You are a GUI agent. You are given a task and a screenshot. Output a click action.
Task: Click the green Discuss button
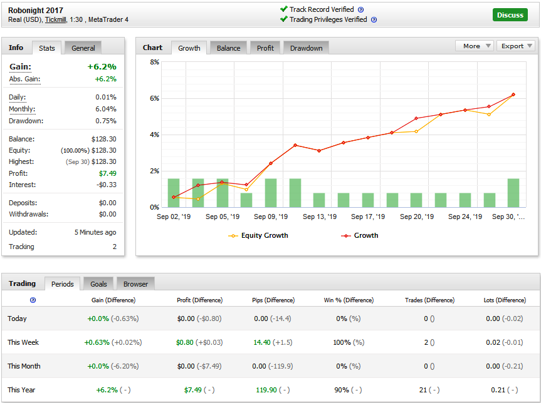pos(510,15)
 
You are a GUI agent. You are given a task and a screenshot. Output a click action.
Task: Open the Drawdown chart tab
pos(306,48)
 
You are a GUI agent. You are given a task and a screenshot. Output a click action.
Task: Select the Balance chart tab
pos(228,48)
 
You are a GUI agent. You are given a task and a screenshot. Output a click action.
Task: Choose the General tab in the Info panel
pos(83,48)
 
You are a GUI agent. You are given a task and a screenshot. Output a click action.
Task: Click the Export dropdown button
pos(516,46)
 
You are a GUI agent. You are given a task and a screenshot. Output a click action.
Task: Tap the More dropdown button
pos(475,46)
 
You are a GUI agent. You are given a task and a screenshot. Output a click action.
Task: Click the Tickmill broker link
pos(56,19)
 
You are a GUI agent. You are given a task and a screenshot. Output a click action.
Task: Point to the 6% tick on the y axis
pos(154,98)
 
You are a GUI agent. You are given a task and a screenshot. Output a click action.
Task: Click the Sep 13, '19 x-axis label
pos(320,217)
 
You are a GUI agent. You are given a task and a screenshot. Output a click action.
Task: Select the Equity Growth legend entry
pos(258,235)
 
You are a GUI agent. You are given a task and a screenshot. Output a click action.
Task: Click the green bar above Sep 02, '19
pos(174,193)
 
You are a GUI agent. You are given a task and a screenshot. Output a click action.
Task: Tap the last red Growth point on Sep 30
pos(513,94)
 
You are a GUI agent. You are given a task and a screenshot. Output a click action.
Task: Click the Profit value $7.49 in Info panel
pos(108,173)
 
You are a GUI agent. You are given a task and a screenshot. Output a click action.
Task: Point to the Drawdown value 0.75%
pos(106,121)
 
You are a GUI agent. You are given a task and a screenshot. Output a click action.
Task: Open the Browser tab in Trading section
pos(135,284)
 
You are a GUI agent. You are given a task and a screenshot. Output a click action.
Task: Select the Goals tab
pos(98,284)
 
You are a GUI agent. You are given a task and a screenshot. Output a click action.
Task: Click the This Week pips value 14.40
pos(262,342)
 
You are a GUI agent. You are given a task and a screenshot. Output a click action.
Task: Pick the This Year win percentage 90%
pos(341,390)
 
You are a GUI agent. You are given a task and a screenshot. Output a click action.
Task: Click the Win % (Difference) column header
pos(349,300)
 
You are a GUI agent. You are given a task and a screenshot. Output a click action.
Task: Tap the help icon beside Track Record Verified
pos(361,9)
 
